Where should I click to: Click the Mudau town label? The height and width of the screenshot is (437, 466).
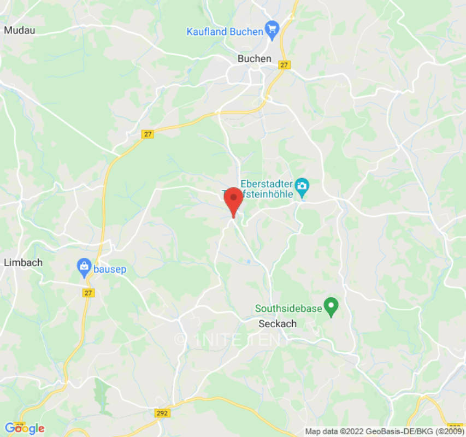pos(19,30)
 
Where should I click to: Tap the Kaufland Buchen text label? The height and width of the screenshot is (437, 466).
pos(225,31)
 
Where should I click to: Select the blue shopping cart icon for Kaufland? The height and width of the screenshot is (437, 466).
pos(272,29)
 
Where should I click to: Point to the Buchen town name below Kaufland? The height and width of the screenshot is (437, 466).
pos(254,58)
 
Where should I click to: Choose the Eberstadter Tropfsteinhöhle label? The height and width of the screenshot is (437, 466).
pos(267,189)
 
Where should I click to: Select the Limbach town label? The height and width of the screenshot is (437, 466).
pos(23,262)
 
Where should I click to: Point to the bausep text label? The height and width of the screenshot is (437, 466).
pos(110,268)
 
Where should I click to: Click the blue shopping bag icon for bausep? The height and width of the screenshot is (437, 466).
pos(84,267)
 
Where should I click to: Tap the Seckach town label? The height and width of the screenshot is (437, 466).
pos(277,323)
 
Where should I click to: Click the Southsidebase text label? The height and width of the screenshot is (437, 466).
pos(288,309)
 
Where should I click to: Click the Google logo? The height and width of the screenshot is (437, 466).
pos(24,428)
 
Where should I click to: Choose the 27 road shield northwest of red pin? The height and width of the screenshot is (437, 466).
pos(147,134)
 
